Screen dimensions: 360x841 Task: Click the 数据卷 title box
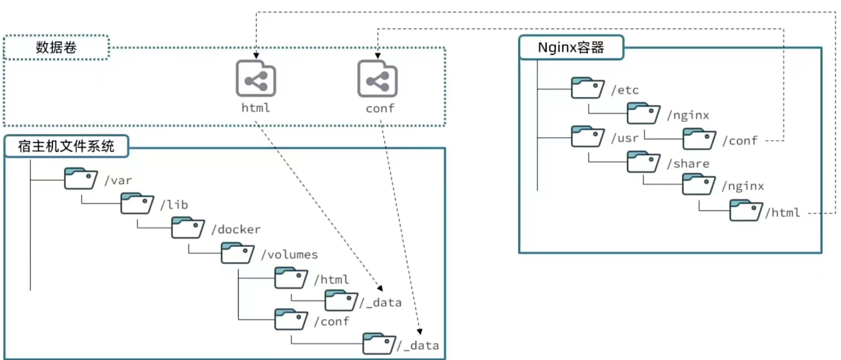(56, 48)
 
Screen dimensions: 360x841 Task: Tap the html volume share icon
(256, 79)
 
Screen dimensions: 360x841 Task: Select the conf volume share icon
(377, 79)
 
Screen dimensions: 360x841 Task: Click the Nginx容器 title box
(571, 48)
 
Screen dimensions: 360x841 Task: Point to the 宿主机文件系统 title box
(66, 146)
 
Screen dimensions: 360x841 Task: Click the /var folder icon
(80, 179)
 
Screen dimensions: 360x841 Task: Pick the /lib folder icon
(137, 203)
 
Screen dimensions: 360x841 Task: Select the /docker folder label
(236, 229)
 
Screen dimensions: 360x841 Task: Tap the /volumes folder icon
(237, 253)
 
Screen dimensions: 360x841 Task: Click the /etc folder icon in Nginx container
(587, 88)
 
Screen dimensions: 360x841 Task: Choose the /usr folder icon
(587, 136)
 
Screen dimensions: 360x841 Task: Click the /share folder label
(688, 164)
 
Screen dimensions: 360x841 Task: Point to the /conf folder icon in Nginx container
(699, 139)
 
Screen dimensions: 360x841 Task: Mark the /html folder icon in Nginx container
(745, 211)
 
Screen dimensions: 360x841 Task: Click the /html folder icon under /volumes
(291, 278)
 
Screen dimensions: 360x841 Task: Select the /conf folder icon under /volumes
(291, 319)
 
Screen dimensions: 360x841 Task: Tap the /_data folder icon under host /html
(341, 300)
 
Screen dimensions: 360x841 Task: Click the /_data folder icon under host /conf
(378, 344)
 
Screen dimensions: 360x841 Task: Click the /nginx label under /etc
(688, 115)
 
